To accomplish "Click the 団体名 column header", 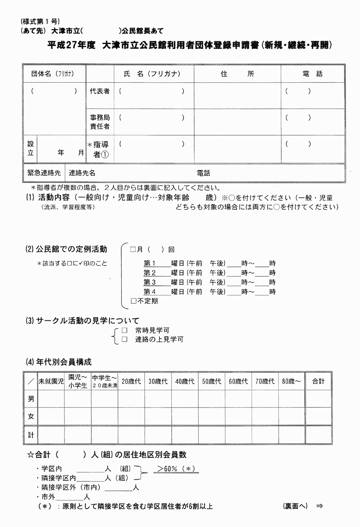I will tap(53, 74).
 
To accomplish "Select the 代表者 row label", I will tap(100, 91).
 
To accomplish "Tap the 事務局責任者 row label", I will tap(100, 122).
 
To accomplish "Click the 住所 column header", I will tap(237, 74).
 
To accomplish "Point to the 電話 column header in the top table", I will tap(312, 74).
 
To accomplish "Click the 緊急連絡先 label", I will tap(44, 173).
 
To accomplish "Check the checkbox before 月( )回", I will tap(133, 250).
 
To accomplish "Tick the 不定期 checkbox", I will tap(133, 301).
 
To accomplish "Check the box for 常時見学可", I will tap(125, 330).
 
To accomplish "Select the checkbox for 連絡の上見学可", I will tap(125, 339).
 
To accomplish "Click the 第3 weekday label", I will tap(150, 282).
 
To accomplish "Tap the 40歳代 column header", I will tap(185, 381).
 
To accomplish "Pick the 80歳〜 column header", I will tap(291, 381).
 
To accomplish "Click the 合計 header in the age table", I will tap(318, 381).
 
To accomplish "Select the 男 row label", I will tap(31, 399).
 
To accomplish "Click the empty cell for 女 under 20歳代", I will tap(131, 416).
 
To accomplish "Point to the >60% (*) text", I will tap(176, 469).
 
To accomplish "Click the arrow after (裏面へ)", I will tap(319, 506).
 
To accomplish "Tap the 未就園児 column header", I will tap(51, 381).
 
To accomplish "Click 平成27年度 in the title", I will tap(71, 45).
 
